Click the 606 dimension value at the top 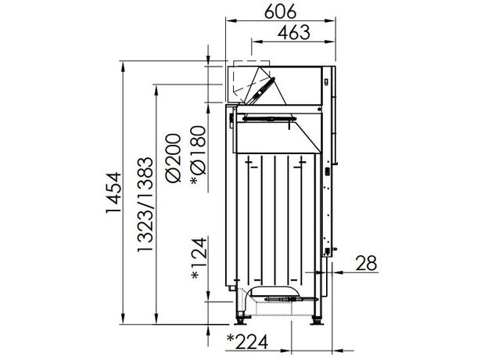[x=280, y=12]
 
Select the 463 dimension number [x=294, y=33]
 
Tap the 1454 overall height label [x=113, y=193]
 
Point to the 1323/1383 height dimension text [x=145, y=204]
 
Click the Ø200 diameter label [x=174, y=157]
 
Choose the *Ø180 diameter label [x=199, y=155]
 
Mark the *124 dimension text [x=199, y=258]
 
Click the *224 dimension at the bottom [x=248, y=342]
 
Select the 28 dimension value [x=366, y=263]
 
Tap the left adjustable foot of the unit [x=241, y=321]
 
